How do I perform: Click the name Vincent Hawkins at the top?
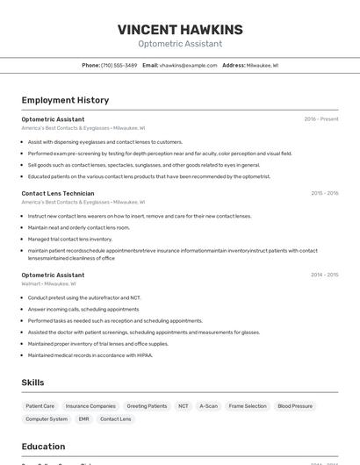tap(180, 30)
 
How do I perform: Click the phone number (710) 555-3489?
tap(119, 65)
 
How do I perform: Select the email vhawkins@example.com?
tap(188, 65)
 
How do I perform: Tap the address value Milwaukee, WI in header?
tap(262, 65)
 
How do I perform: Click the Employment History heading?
tap(65, 100)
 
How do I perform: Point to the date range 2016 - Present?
tap(320, 119)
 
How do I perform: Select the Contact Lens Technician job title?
tap(58, 193)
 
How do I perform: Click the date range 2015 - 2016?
tap(324, 193)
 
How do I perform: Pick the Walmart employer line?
tap(48, 283)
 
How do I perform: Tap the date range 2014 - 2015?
tap(324, 275)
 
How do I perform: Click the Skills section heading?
tap(32, 383)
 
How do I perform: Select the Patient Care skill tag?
tap(40, 406)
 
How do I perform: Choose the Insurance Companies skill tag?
tap(90, 406)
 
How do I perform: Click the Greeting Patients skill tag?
tap(147, 406)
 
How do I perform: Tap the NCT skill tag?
tap(184, 406)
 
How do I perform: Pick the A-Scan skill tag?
tap(209, 406)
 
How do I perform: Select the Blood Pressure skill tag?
tap(295, 406)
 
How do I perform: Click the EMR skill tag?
tap(83, 419)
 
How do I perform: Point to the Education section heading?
tap(43, 446)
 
